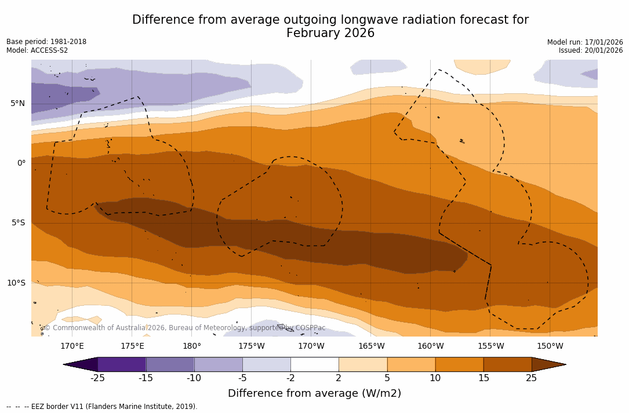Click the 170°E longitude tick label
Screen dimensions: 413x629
pos(72,346)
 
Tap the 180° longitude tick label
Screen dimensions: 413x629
pos(192,346)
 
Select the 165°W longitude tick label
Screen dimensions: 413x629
pos(371,346)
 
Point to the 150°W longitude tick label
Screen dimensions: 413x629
pos(550,346)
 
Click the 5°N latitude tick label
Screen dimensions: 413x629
pos(17,104)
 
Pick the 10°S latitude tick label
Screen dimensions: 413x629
pos(16,283)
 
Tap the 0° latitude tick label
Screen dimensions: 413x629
pos(21,163)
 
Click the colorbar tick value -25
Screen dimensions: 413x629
pos(97,378)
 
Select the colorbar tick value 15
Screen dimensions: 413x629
pos(483,378)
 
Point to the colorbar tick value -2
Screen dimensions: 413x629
pos(290,378)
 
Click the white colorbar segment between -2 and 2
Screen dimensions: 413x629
pos(314,364)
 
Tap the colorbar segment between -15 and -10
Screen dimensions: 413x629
pos(170,364)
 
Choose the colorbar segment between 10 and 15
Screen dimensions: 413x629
pos(459,364)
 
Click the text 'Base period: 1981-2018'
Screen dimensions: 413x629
pos(46,42)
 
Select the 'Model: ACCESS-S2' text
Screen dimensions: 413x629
pos(37,50)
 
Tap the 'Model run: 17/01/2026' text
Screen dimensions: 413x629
pos(585,42)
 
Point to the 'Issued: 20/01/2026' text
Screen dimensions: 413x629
pos(591,50)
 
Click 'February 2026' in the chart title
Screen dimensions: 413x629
pos(330,33)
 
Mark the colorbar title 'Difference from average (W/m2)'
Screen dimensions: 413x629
pos(314,393)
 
